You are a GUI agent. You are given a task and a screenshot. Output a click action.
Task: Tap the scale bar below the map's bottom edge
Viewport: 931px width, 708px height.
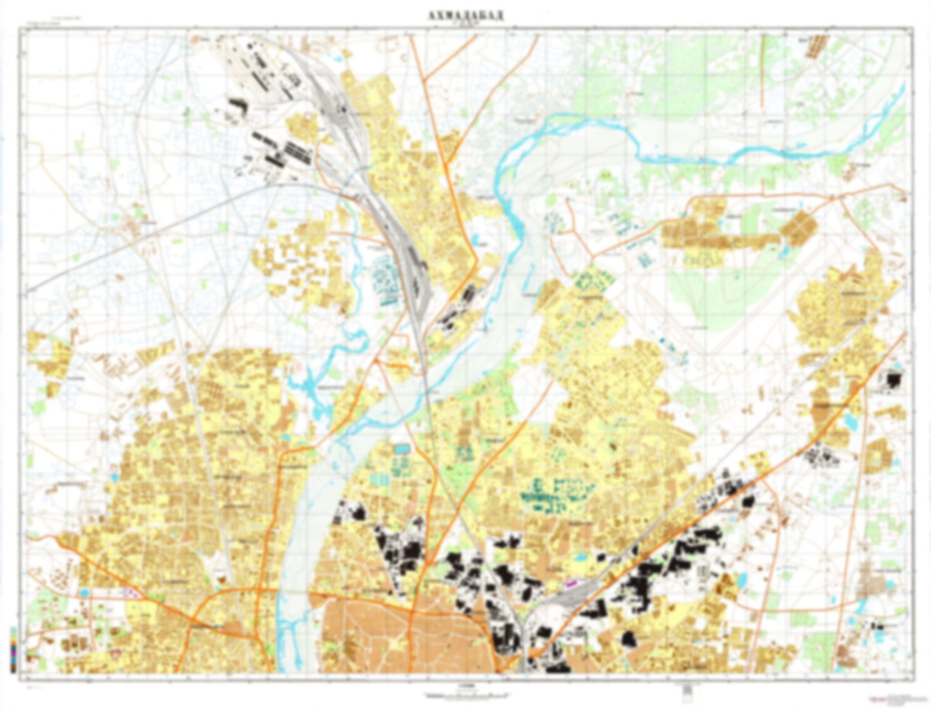coord(465,695)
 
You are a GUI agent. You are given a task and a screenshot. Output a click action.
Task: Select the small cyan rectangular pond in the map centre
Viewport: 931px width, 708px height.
coord(401,447)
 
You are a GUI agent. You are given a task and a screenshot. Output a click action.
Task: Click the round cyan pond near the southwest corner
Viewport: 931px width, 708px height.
coord(83,591)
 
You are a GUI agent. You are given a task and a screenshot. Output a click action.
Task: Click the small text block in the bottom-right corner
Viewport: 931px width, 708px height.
coord(892,698)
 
